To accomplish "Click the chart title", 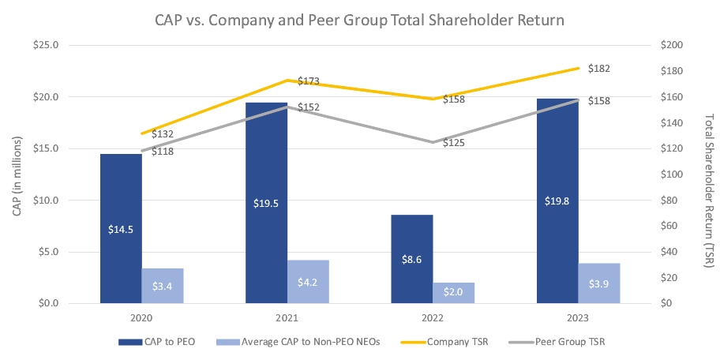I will [x=359, y=17].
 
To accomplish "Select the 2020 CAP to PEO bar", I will [x=121, y=228].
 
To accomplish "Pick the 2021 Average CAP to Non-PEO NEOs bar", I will [x=308, y=281].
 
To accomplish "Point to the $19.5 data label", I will [x=266, y=203].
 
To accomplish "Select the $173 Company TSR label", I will [x=308, y=81].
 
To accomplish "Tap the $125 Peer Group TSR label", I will [x=454, y=143].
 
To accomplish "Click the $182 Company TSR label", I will [x=599, y=69].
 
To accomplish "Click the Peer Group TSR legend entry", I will [x=564, y=342].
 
